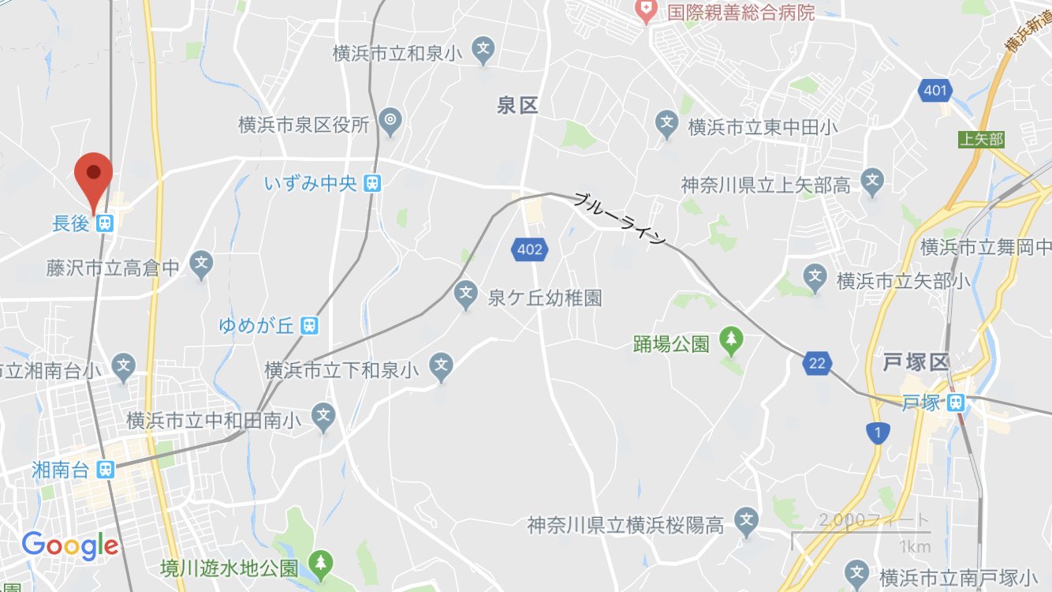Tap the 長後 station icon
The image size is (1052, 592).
tap(104, 224)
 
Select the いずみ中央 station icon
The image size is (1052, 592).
tap(372, 184)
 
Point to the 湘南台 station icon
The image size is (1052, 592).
tap(104, 470)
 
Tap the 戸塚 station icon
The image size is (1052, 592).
tap(956, 403)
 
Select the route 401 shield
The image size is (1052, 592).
tap(934, 91)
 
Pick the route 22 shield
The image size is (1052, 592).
tap(817, 363)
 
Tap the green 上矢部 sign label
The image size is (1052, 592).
tap(981, 140)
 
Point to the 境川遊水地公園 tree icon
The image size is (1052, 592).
tap(320, 563)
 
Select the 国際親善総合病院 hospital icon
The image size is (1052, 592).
tap(647, 10)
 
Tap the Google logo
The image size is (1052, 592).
tap(70, 545)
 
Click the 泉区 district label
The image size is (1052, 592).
tap(517, 105)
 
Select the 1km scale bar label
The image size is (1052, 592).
tap(913, 546)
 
